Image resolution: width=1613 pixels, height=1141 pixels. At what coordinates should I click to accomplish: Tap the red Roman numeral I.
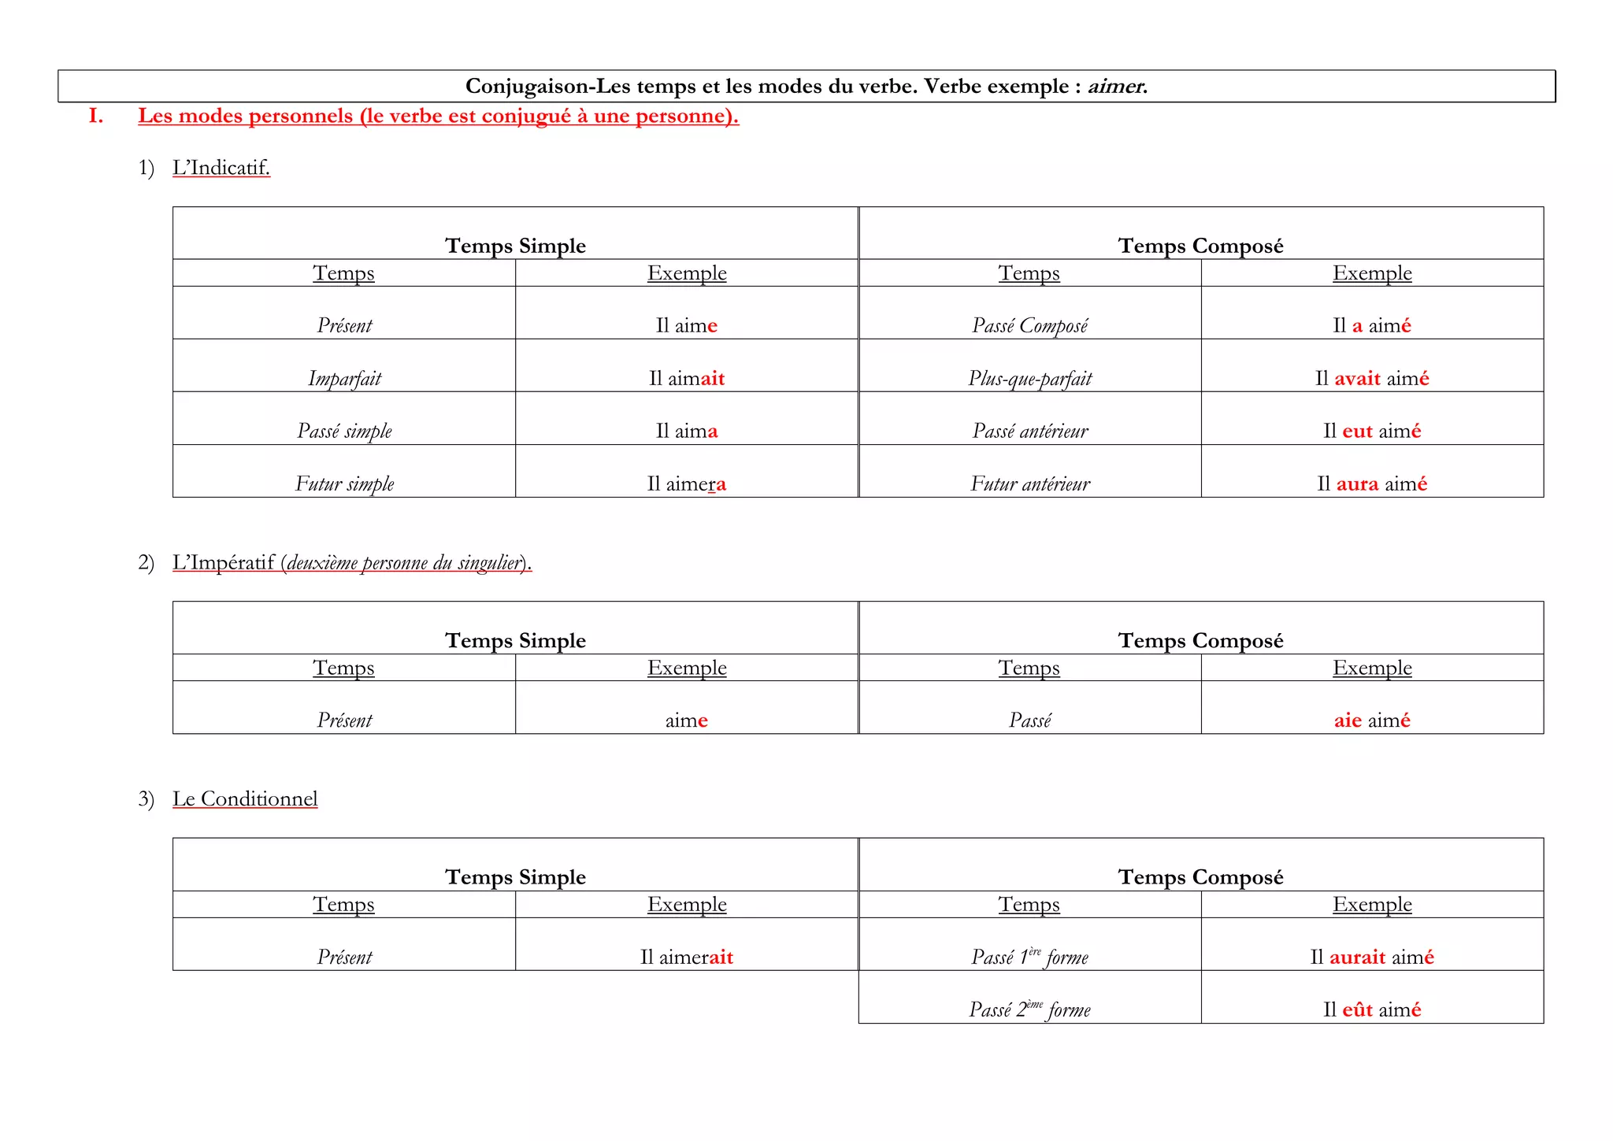[96, 117]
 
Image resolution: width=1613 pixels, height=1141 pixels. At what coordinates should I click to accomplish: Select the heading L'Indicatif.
[221, 168]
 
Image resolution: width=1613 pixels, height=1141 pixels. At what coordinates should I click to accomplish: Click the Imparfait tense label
[344, 379]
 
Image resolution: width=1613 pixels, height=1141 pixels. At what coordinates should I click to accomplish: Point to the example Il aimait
[686, 379]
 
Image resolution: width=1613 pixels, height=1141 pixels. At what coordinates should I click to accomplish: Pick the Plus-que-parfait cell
[1029, 379]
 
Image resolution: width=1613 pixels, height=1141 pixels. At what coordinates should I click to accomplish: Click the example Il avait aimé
[1371, 379]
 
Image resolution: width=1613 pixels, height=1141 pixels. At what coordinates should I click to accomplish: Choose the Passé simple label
[344, 432]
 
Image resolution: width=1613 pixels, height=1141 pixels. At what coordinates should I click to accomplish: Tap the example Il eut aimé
[1371, 432]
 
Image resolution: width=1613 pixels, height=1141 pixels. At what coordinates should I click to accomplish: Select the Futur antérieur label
[1029, 484]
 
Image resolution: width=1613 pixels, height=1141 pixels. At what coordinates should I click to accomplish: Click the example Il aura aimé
[1371, 484]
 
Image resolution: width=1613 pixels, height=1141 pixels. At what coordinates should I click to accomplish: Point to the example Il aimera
[686, 484]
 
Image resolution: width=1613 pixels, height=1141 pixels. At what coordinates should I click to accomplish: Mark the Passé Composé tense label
[1029, 326]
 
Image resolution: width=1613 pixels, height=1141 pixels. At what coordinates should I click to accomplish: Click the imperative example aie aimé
[1371, 721]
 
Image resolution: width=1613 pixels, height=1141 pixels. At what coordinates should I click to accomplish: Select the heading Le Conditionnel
[245, 799]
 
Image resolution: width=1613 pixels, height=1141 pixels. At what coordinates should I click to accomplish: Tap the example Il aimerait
[686, 958]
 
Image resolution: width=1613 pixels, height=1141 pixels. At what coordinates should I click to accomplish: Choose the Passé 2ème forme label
[1029, 1010]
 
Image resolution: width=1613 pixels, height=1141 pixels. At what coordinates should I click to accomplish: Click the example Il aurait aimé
[1371, 958]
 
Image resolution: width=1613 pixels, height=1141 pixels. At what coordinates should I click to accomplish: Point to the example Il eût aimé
[1371, 1010]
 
